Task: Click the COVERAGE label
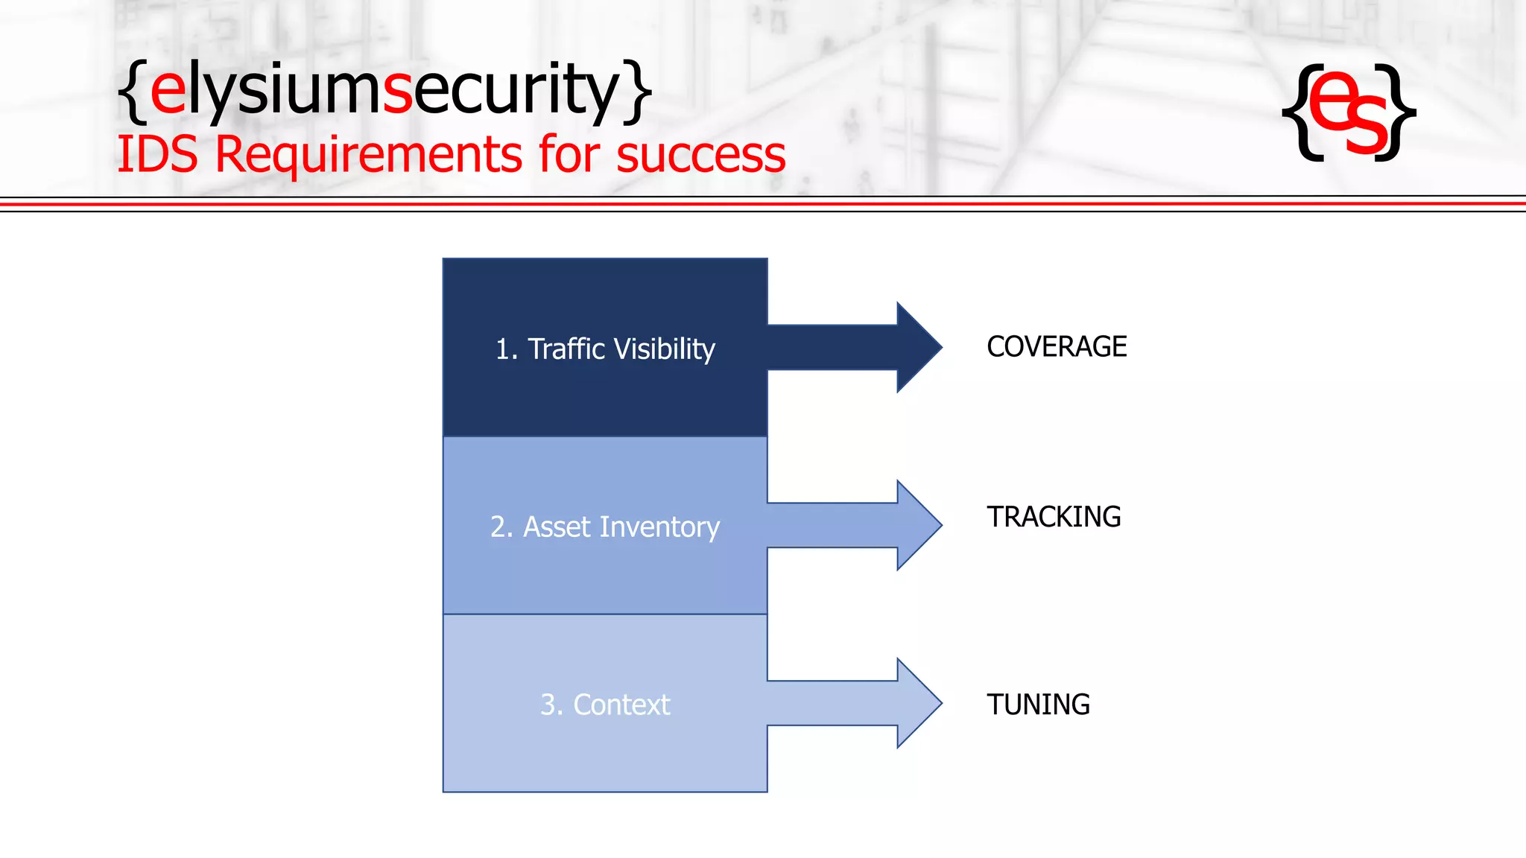point(1056,347)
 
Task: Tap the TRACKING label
point(1053,517)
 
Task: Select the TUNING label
point(1038,705)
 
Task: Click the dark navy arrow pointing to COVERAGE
point(857,347)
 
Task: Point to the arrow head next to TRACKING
point(918,525)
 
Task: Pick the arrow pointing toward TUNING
point(857,703)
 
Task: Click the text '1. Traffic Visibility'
point(605,349)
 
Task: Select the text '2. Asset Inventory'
point(605,527)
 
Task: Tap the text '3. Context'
point(605,705)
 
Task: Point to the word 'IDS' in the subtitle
point(157,155)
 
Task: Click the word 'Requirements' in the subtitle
point(369,155)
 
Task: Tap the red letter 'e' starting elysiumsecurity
point(168,92)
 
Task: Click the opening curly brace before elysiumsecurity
point(133,92)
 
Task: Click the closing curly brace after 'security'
point(638,92)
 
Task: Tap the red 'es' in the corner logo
point(1348,112)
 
